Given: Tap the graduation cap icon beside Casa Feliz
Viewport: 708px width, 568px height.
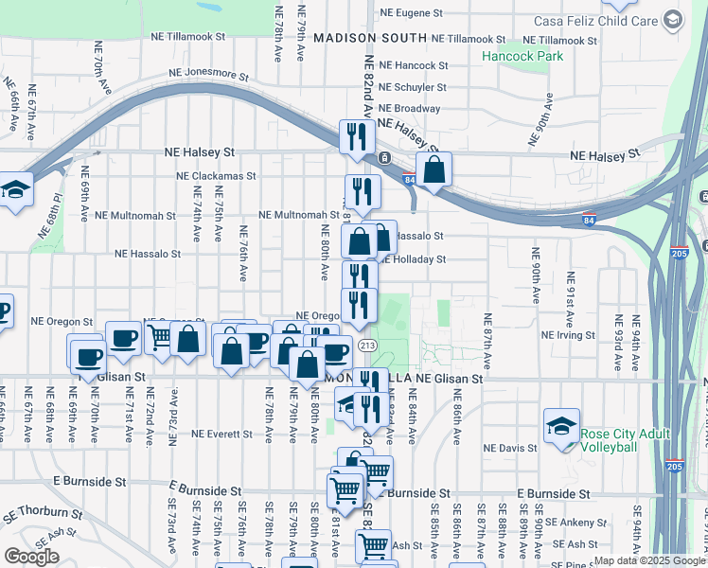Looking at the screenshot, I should pyautogui.click(x=673, y=20).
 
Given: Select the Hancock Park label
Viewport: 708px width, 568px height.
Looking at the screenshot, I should pyautogui.click(x=522, y=56).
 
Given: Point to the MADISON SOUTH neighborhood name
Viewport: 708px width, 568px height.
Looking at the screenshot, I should pyautogui.click(x=370, y=38).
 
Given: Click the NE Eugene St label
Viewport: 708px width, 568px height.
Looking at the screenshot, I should pyautogui.click(x=411, y=13).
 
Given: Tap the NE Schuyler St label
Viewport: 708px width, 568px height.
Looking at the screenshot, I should pyautogui.click(x=415, y=87).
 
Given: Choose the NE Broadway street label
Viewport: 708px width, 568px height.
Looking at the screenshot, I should pyautogui.click(x=410, y=109).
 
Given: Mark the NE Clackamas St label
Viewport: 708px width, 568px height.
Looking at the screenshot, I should pyautogui.click(x=216, y=175).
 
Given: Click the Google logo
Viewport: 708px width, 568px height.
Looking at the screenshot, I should pyautogui.click(x=31, y=557).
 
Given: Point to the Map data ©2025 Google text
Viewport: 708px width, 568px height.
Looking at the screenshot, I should pyautogui.click(x=650, y=560).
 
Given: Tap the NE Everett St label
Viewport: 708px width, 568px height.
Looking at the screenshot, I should pyautogui.click(x=221, y=435).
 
